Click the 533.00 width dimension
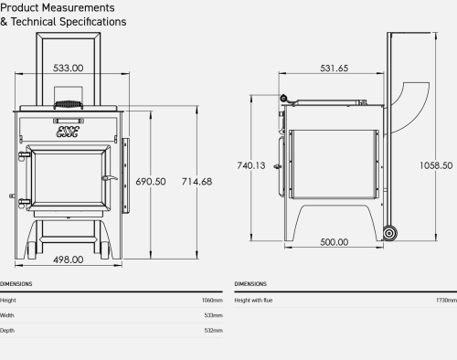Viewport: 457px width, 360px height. [x=68, y=68]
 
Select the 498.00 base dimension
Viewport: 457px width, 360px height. [x=69, y=259]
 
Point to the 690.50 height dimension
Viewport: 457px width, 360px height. [x=151, y=182]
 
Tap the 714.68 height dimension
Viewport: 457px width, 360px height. [x=197, y=182]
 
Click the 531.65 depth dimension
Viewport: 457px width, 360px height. [x=334, y=69]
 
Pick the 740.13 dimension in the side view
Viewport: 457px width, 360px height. [x=251, y=165]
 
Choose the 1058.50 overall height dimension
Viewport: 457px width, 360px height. [x=436, y=165]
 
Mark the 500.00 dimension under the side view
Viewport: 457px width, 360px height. [x=335, y=242]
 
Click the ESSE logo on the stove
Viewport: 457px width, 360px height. [x=68, y=132]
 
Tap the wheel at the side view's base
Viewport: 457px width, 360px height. [x=389, y=233]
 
